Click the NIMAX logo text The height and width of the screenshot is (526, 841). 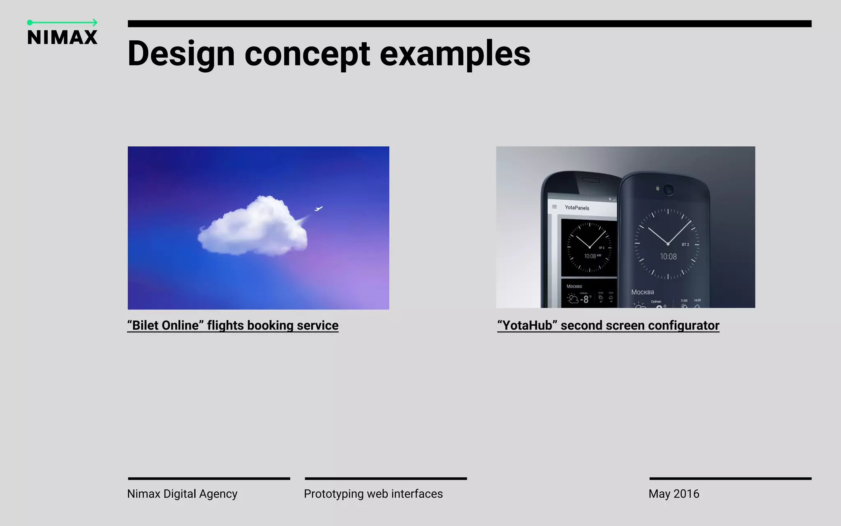click(62, 37)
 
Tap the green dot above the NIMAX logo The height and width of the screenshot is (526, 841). click(30, 23)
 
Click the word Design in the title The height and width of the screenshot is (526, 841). click(181, 54)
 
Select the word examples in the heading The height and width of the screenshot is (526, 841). click(455, 54)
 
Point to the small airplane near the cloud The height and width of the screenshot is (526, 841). click(318, 209)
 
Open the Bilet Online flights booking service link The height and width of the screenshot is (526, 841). click(233, 325)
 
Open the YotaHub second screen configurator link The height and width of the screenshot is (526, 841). click(608, 325)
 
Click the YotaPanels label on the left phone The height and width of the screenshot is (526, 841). click(577, 208)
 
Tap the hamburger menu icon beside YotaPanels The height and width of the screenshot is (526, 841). click(554, 207)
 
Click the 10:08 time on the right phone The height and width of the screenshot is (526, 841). click(668, 257)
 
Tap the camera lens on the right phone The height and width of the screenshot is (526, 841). click(669, 189)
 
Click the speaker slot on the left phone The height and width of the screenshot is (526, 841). click(591, 180)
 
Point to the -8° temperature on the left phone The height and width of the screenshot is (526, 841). click(585, 299)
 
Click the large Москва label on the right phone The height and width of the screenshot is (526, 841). click(643, 292)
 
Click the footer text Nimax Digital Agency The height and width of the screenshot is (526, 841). click(182, 494)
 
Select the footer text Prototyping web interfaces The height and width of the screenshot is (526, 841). click(373, 494)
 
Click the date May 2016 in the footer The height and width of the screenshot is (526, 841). click(674, 494)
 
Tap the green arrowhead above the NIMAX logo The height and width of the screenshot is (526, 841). click(95, 23)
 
